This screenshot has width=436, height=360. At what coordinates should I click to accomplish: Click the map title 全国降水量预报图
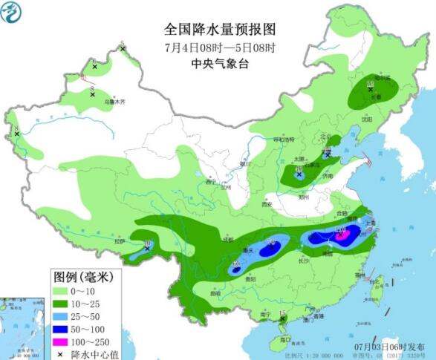coord(219,30)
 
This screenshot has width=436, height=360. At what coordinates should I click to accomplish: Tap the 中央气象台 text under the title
coord(219,64)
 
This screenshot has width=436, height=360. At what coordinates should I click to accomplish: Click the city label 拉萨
coord(120,242)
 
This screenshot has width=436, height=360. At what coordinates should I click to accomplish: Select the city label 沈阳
coord(365,118)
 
